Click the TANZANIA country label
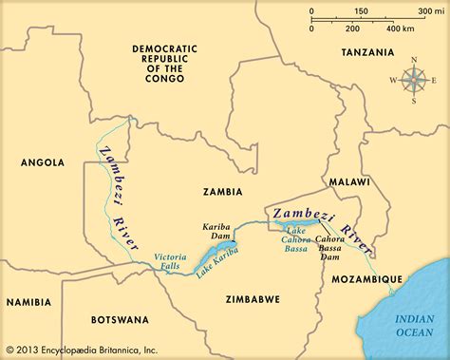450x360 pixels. click(x=368, y=52)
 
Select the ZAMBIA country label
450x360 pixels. click(x=223, y=191)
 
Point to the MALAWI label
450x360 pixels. click(x=348, y=180)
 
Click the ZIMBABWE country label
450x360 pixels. click(x=253, y=298)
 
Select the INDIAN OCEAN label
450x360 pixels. click(x=412, y=314)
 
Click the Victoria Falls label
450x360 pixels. click(x=172, y=263)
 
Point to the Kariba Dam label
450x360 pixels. click(x=218, y=234)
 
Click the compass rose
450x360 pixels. click(x=413, y=81)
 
